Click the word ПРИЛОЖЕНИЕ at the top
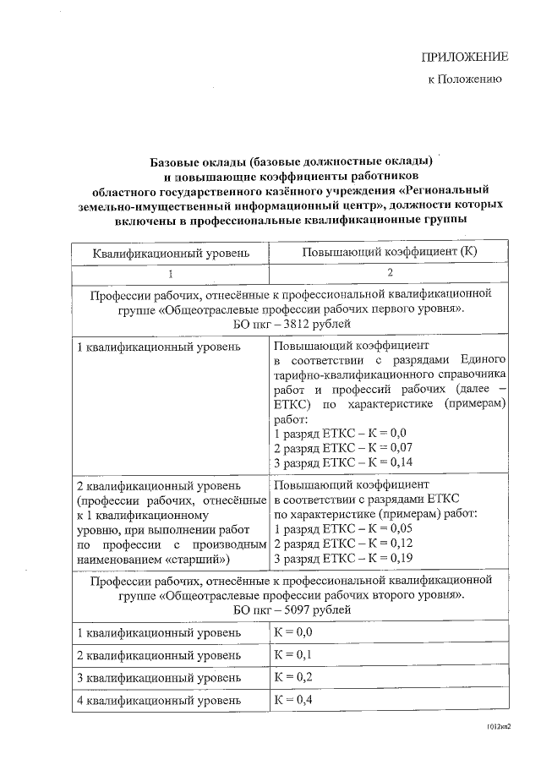coord(465,57)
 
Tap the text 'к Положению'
coord(466,80)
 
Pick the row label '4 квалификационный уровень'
coord(153,701)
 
